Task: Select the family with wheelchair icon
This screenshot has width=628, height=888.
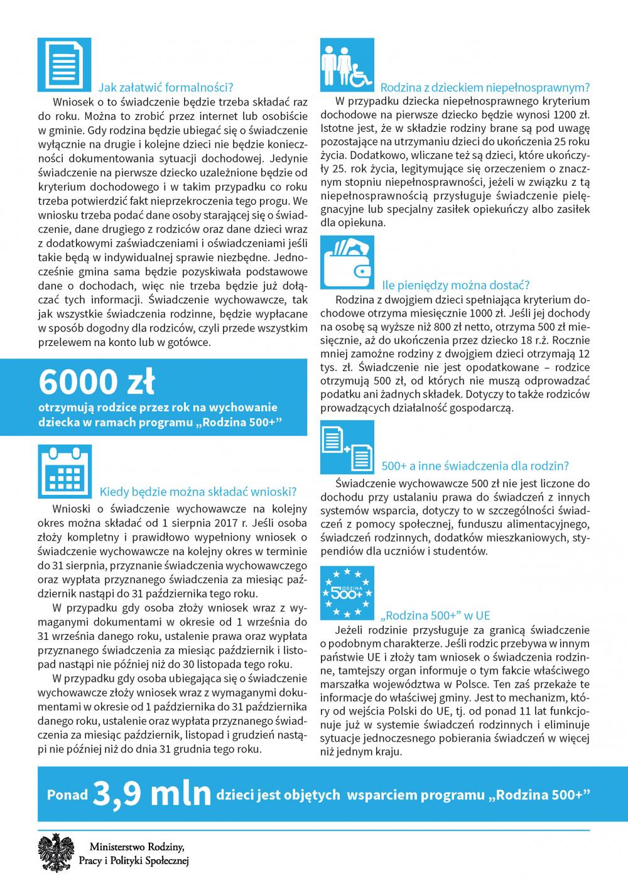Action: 347,65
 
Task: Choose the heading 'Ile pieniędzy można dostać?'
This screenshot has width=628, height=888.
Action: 457,284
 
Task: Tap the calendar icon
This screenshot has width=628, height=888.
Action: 64,470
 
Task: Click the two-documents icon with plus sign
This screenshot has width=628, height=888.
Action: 347,447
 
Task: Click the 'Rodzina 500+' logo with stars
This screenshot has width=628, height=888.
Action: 347,592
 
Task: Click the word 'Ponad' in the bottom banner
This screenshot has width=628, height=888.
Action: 67,795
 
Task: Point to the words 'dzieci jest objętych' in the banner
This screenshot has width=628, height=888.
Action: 277,795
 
